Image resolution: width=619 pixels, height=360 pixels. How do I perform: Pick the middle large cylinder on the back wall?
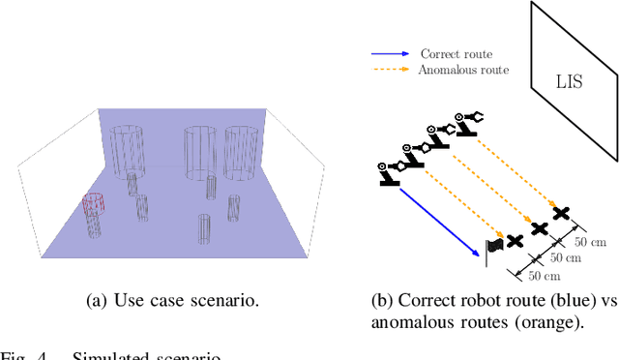click(x=198, y=150)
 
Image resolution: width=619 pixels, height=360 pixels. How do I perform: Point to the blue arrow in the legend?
click(x=391, y=54)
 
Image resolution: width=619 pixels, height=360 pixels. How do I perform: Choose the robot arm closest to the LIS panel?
click(x=470, y=122)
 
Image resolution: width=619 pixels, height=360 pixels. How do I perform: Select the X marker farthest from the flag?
click(x=560, y=212)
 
